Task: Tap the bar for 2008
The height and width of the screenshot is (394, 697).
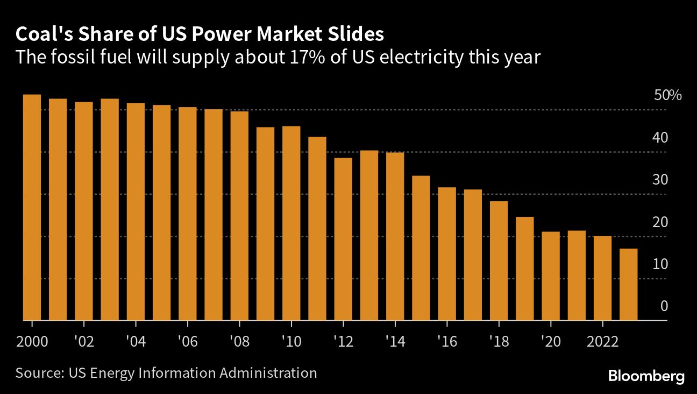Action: tap(239, 215)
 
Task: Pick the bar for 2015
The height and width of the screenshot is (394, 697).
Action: tap(421, 248)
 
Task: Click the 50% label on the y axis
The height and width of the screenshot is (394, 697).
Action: tap(667, 96)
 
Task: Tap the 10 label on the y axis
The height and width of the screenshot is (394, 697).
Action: tap(660, 264)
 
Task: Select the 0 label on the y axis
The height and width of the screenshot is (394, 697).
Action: tap(664, 306)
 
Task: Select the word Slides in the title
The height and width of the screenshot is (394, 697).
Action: tap(355, 34)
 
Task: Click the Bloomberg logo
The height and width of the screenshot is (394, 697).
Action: tap(646, 376)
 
